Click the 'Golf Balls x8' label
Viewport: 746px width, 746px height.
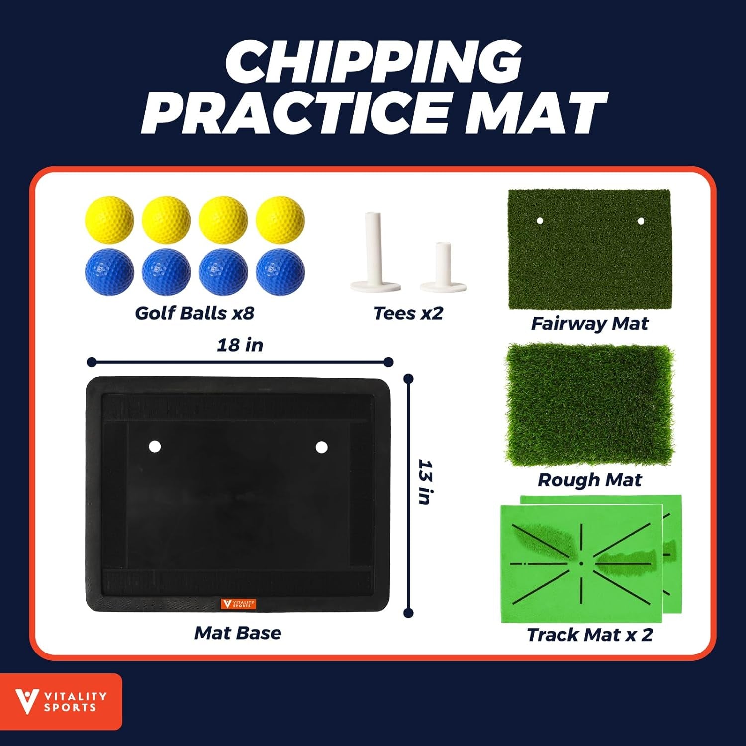(194, 313)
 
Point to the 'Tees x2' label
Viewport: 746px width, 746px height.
(408, 313)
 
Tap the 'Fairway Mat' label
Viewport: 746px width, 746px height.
(589, 324)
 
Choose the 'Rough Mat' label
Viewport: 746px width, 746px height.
(589, 480)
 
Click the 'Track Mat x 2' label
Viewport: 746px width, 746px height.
(589, 635)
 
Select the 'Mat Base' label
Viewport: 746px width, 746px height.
(238, 633)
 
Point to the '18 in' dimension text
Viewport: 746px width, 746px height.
(240, 345)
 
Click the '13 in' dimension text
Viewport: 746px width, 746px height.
(425, 482)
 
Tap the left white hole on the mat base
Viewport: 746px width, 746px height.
(155, 446)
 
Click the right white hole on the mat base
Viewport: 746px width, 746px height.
(321, 447)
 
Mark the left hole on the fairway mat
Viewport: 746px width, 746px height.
(540, 220)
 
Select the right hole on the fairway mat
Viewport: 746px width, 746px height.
(641, 221)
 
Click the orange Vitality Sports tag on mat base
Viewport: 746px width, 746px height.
(238, 604)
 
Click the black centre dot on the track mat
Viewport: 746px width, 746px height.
(581, 564)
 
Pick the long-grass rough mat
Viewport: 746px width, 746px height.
(589, 404)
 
